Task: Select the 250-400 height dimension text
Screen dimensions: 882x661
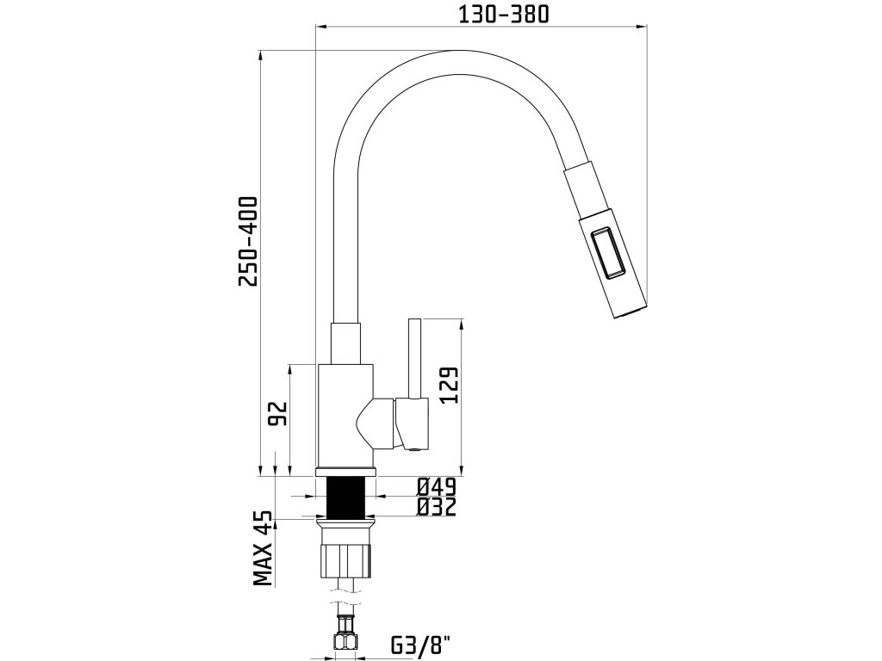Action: (248, 242)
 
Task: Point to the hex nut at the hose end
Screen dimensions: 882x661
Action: (345, 641)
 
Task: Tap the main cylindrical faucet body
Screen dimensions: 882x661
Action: (345, 413)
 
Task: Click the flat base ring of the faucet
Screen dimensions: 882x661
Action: (345, 472)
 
